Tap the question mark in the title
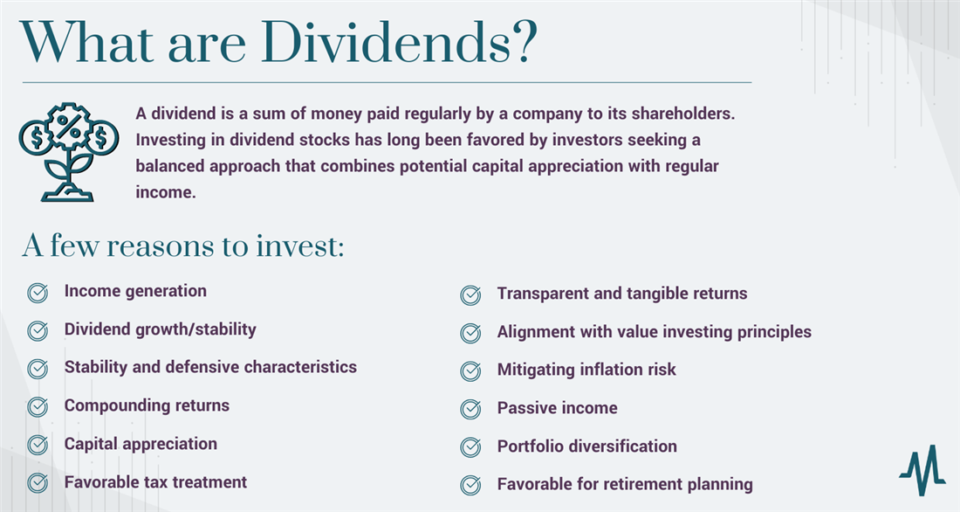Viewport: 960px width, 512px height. click(520, 41)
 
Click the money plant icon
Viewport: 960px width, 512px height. click(69, 150)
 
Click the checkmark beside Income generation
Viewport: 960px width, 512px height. click(38, 293)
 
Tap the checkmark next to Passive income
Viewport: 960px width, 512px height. click(470, 409)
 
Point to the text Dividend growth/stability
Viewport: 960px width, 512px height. click(160, 329)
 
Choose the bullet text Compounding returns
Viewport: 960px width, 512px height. click(147, 405)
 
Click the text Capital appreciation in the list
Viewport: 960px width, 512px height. click(141, 444)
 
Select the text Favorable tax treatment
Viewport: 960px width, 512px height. click(155, 481)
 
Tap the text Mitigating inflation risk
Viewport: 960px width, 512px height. click(586, 370)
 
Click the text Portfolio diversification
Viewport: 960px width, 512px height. click(586, 446)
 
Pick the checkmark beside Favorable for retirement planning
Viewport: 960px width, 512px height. click(470, 485)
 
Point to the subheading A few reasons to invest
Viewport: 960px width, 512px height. click(183, 246)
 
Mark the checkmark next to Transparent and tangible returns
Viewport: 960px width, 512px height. click(470, 295)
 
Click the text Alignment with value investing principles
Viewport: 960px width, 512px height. click(654, 332)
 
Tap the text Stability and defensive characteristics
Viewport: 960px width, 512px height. click(210, 367)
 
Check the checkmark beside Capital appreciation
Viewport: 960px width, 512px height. click(38, 445)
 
